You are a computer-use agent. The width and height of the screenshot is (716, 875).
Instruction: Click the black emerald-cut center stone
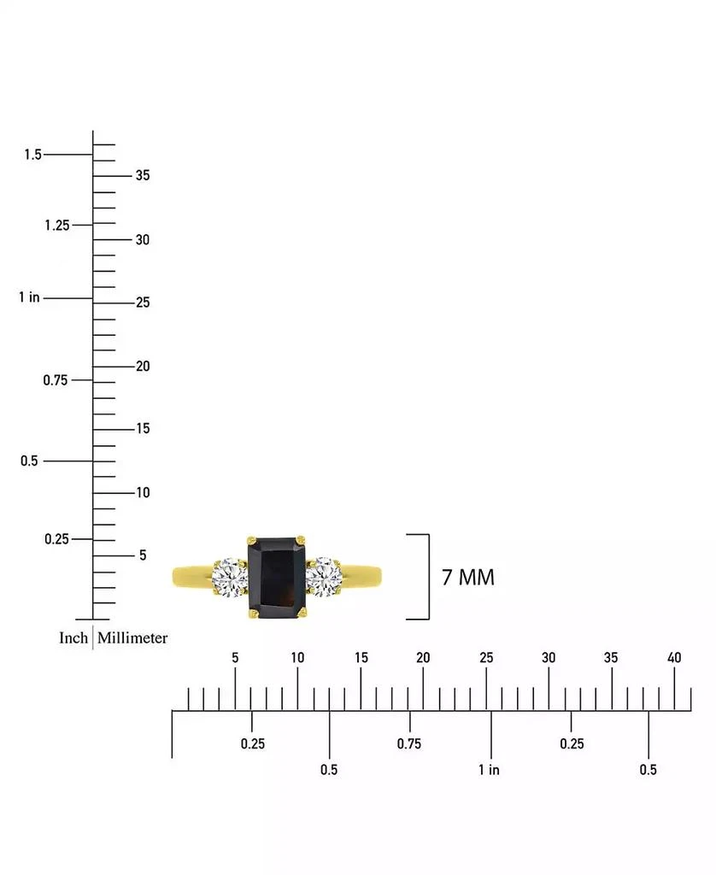tap(276, 577)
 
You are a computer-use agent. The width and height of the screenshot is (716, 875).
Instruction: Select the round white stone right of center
tap(323, 577)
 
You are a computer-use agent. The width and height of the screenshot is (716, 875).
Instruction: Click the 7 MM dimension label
tap(467, 578)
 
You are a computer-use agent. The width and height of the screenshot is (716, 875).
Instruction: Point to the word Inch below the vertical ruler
tap(73, 637)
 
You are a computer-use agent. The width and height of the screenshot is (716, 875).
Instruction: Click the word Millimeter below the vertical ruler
tap(132, 637)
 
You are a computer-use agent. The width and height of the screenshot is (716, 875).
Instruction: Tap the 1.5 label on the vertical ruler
tap(32, 155)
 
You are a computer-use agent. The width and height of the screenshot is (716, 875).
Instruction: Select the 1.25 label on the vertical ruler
tap(56, 225)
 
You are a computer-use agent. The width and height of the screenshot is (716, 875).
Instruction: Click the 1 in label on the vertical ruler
tap(30, 297)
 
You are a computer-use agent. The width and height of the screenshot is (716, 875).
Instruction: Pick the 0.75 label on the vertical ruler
tap(56, 379)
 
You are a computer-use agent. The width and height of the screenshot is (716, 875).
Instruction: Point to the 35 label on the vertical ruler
tap(142, 176)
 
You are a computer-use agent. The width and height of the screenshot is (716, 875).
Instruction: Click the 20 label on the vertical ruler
tap(142, 366)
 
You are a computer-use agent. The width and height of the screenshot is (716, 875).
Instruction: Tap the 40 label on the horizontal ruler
tap(674, 658)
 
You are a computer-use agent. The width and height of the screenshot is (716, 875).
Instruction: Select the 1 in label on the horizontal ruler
tap(489, 770)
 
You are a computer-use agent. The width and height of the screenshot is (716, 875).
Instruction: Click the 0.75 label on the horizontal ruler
tap(409, 744)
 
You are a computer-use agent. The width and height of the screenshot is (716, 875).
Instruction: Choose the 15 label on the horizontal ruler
tap(361, 658)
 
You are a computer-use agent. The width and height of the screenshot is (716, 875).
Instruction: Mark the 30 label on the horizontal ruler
tap(549, 658)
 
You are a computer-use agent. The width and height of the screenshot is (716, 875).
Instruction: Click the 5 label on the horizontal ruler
tap(235, 658)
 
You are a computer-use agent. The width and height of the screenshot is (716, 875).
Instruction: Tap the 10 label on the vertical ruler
tap(142, 492)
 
